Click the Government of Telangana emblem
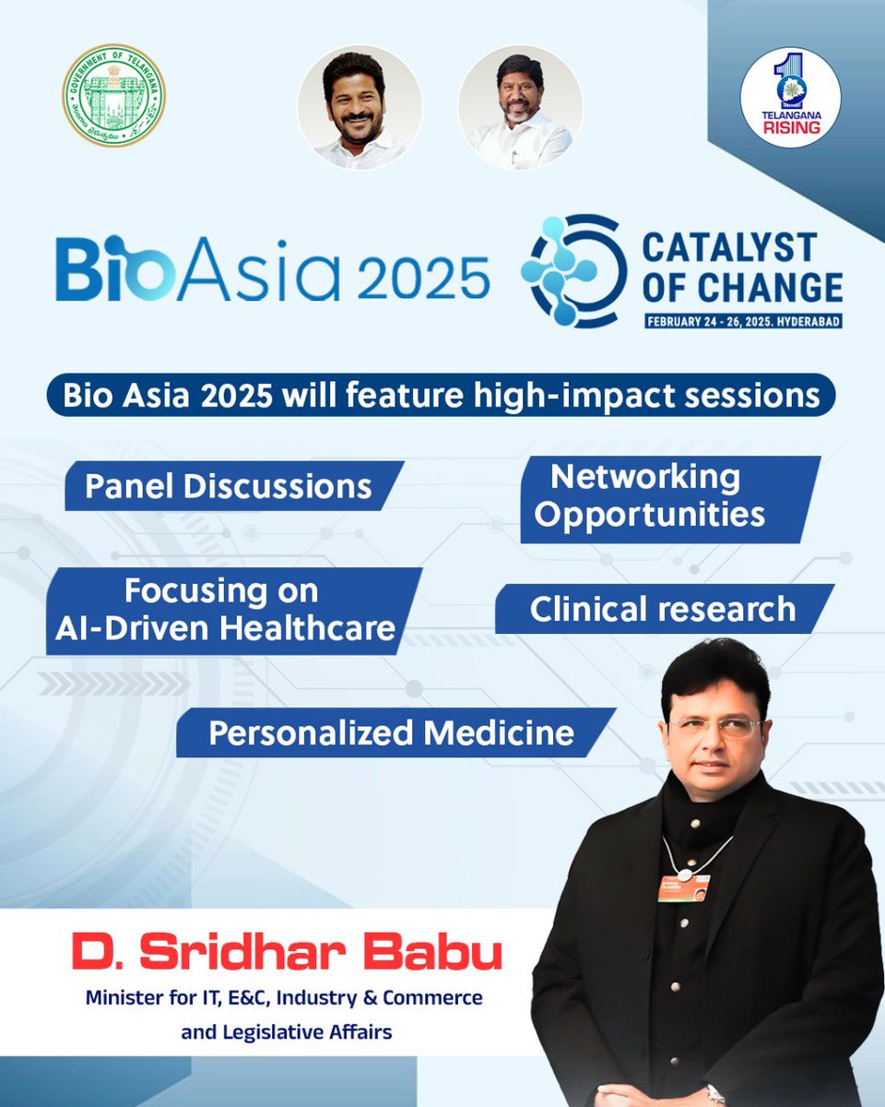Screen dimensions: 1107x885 click(x=114, y=96)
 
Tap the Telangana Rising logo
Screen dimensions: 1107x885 click(x=790, y=97)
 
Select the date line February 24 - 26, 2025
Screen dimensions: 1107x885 click(x=743, y=323)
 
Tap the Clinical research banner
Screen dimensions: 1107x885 click(x=662, y=610)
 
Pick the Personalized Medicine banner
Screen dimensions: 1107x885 click(x=392, y=733)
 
